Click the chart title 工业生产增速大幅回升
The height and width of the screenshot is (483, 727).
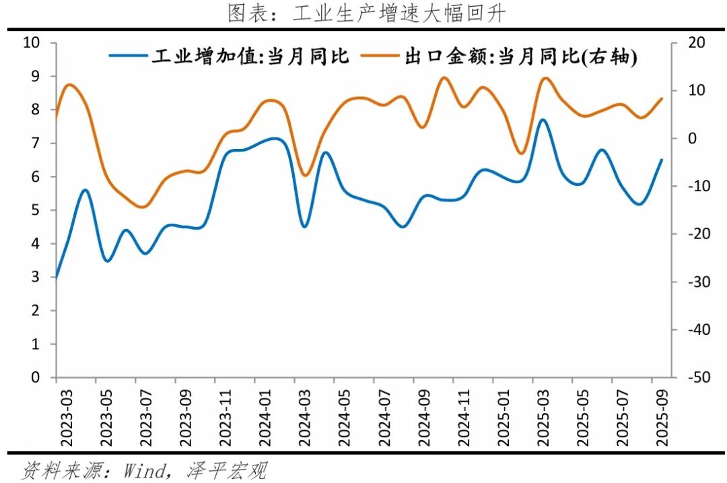[365, 13]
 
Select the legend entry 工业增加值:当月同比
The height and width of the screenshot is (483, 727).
[229, 57]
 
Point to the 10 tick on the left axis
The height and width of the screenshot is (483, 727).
[32, 43]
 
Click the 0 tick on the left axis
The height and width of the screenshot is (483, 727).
[36, 378]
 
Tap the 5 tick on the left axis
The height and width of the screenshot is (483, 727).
[36, 210]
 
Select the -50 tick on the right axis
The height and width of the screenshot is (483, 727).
[699, 378]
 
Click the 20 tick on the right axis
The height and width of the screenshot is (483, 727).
[697, 43]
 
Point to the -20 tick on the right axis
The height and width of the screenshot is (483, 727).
[699, 234]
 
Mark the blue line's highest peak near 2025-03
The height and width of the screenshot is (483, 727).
[543, 120]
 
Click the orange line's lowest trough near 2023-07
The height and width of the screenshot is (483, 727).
[141, 207]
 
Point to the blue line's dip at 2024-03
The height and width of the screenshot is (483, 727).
[304, 226]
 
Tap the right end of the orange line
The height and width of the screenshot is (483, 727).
[662, 98]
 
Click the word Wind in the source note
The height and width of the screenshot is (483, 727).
[143, 470]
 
